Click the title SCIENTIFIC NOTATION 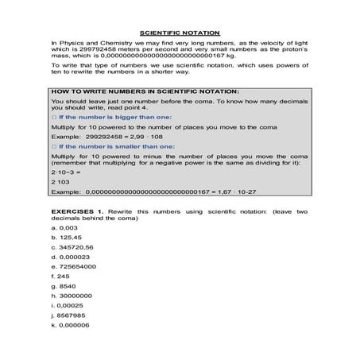point(180,26)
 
